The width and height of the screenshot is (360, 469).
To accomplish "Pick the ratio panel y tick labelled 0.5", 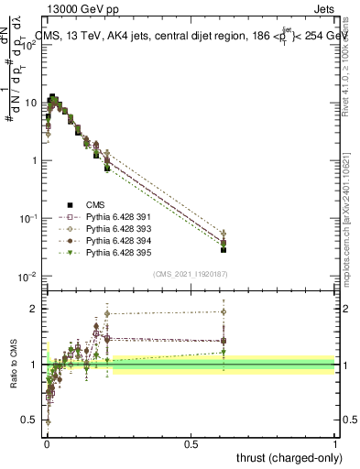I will (34, 420).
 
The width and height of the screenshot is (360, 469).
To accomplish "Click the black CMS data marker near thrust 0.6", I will (224, 249).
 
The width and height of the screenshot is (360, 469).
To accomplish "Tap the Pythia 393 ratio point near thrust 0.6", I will (224, 311).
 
